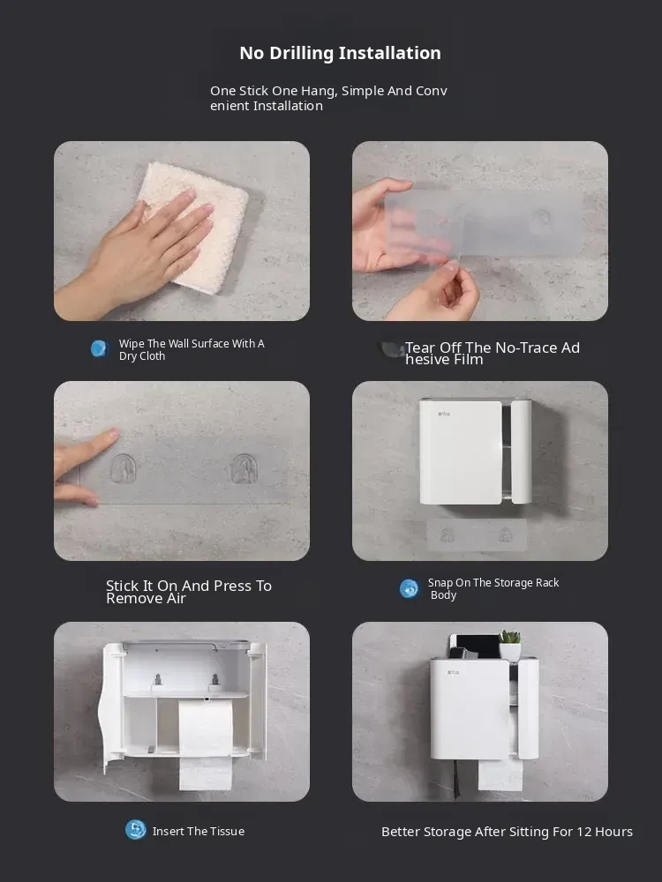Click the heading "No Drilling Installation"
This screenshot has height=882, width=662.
[340, 53]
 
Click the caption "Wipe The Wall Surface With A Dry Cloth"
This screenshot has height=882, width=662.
[192, 349]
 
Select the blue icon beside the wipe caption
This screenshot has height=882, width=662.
[100, 348]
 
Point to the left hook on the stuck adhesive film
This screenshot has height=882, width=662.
[123, 469]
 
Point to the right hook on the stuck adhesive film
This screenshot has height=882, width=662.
[244, 469]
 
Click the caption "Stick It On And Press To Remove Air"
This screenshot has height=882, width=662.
[189, 592]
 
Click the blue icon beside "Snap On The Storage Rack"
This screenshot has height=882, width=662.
[410, 589]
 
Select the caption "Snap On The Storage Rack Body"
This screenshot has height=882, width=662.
[493, 588]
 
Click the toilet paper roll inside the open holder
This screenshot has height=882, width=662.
[206, 744]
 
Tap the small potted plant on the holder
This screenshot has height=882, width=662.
[510, 646]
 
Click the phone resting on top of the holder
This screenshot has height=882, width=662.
[476, 647]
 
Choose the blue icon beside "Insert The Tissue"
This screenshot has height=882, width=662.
[135, 830]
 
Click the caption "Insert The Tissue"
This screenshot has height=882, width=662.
[198, 832]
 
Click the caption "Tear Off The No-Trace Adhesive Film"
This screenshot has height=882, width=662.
[492, 354]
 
